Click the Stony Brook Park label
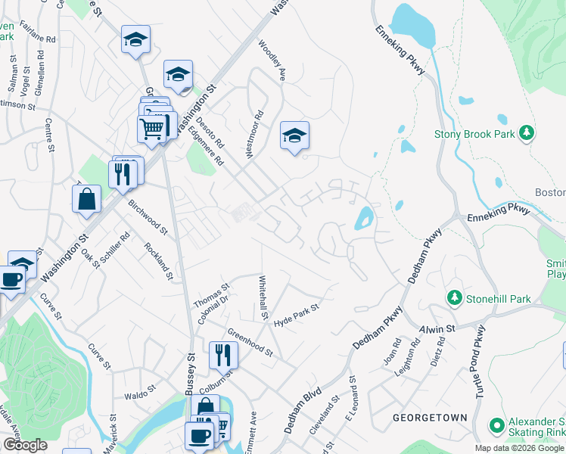[474, 135]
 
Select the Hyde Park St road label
[297, 316]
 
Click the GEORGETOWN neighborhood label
[430, 418]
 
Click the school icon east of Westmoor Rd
[294, 135]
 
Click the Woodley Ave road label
[272, 61]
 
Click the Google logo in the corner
[25, 445]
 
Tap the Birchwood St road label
[148, 215]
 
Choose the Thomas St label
[212, 296]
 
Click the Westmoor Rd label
[253, 135]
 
